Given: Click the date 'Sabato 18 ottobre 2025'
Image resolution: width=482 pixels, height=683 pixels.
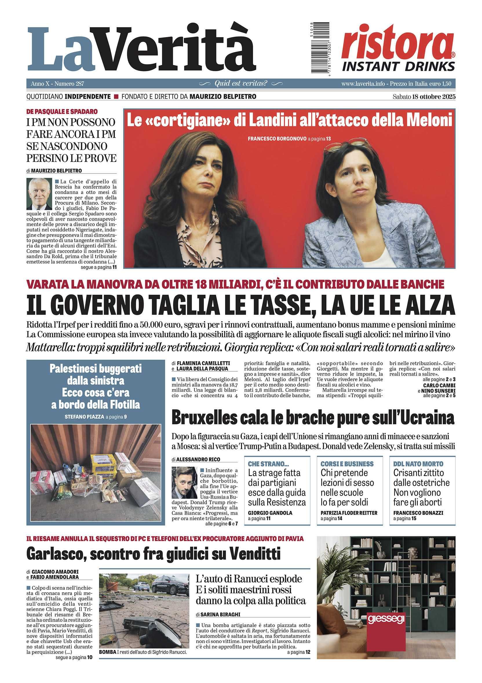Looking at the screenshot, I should (x=424, y=96).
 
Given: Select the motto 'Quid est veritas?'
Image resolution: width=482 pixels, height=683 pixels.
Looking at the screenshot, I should (x=241, y=84).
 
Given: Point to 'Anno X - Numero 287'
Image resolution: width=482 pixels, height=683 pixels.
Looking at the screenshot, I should (x=57, y=84).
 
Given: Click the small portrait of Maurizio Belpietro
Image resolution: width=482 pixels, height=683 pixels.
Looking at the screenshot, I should (x=39, y=194).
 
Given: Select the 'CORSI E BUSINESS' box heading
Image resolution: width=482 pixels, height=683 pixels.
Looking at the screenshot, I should (x=347, y=464).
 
